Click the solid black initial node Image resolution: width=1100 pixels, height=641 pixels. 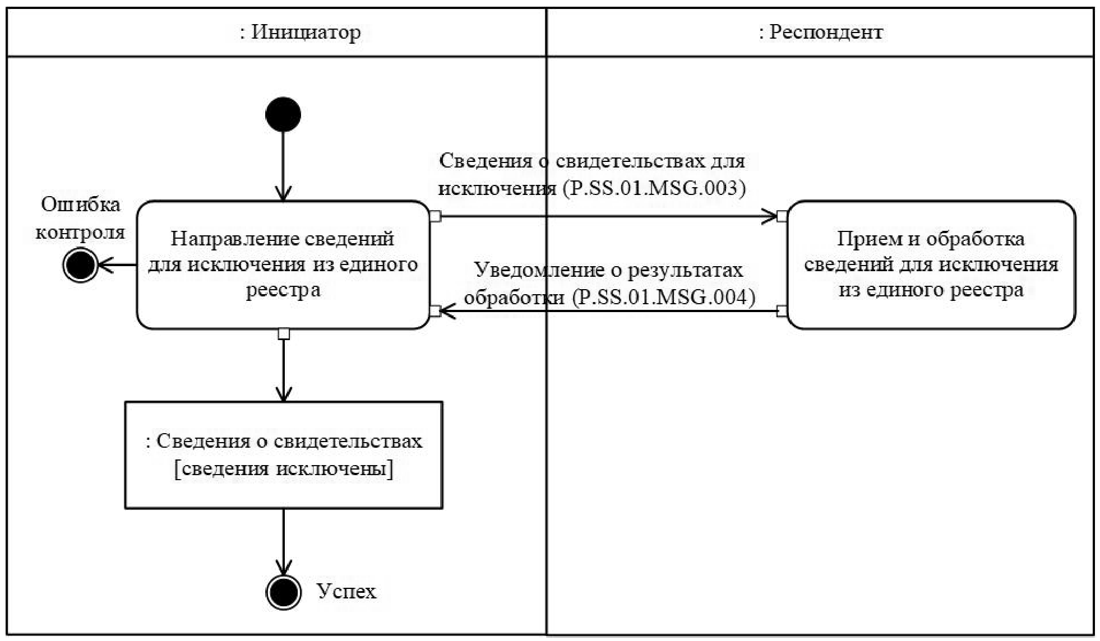283,114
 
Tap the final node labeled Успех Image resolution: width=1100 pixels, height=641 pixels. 283,592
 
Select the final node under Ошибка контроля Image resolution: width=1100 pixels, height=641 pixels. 80,264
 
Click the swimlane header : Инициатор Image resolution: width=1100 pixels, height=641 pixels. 301,32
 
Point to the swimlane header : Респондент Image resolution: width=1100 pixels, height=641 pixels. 821,32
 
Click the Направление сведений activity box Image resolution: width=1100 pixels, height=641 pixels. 283,264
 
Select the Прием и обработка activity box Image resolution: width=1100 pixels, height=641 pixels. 931,264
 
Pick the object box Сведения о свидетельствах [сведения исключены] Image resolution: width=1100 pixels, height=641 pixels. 283,454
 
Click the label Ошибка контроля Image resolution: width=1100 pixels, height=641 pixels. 80,218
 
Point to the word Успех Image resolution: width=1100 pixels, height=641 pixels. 346,591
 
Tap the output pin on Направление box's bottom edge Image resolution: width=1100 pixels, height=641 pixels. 284,334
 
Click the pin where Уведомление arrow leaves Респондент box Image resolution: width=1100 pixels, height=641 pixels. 782,311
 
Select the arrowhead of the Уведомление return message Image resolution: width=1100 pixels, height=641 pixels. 447,311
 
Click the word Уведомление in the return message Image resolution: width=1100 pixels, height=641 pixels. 522,270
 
